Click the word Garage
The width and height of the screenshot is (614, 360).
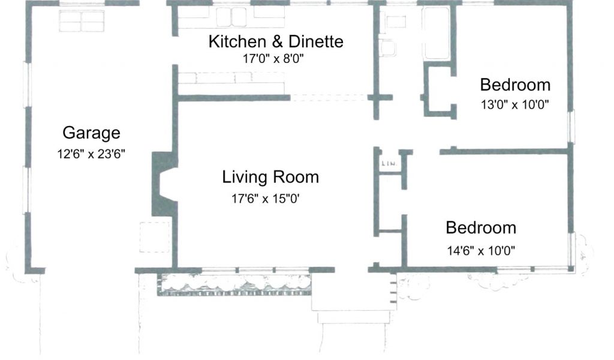[91, 133]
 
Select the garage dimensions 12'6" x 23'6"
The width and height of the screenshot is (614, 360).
[91, 154]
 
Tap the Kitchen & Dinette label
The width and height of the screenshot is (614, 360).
[276, 41]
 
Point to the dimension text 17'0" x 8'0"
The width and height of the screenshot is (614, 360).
[273, 59]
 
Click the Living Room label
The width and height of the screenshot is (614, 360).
[270, 177]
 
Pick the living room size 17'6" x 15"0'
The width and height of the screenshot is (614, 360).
[266, 199]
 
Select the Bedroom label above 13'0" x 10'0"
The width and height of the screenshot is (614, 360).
[515, 85]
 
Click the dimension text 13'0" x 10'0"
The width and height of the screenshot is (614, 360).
[515, 104]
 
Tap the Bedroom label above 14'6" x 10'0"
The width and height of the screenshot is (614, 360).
[481, 228]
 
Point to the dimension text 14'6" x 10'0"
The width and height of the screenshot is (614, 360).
[481, 251]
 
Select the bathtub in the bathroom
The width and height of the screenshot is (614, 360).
[436, 33]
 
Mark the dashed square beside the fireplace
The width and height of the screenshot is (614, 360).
[155, 237]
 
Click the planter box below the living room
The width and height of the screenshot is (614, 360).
[234, 284]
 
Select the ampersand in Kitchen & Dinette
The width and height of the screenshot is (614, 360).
[277, 41]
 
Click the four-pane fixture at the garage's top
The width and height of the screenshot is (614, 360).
[82, 21]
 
